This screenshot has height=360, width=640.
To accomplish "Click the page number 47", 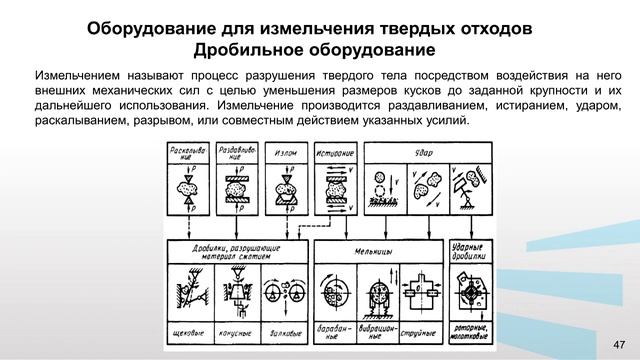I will tap(616, 342).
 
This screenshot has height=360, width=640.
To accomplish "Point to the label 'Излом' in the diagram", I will tap(285, 155).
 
